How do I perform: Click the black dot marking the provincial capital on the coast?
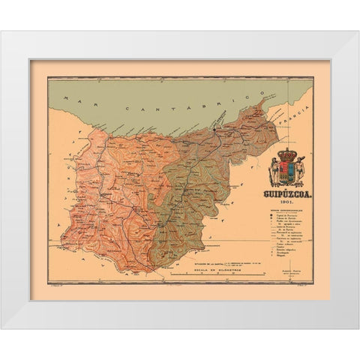214,128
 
